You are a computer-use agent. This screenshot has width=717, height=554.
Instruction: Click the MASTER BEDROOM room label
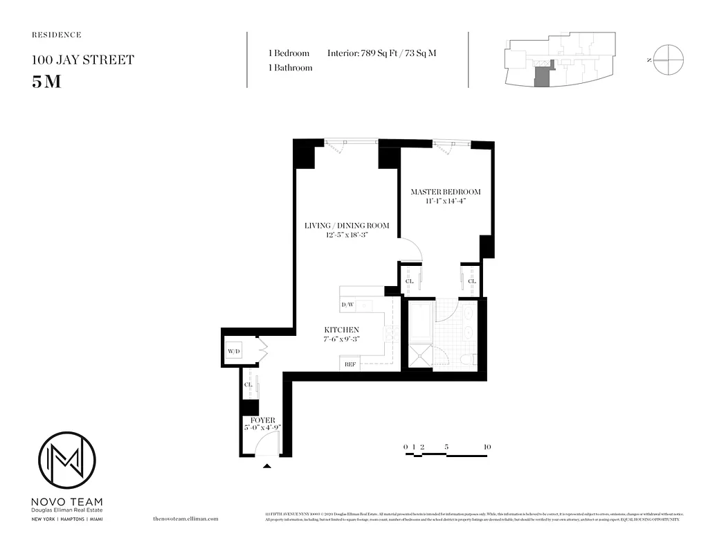(x=445, y=192)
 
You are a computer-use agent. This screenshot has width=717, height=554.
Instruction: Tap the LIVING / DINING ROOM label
(x=347, y=225)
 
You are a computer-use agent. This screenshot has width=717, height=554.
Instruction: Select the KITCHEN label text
(x=342, y=330)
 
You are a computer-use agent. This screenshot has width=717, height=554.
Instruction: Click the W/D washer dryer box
(x=233, y=352)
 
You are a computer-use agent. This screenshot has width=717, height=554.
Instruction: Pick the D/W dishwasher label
(x=347, y=305)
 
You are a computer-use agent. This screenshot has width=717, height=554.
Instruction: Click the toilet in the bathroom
(x=468, y=359)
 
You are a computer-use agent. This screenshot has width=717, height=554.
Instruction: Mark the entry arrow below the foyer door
(x=267, y=466)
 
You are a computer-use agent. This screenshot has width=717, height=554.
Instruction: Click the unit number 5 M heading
(x=46, y=80)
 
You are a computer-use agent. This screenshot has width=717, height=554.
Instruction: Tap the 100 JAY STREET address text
(x=82, y=60)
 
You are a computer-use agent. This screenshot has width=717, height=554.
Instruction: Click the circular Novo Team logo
(x=66, y=460)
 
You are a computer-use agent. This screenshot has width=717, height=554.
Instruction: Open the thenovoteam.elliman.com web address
(x=185, y=518)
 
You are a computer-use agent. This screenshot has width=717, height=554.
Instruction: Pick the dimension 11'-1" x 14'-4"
(x=445, y=202)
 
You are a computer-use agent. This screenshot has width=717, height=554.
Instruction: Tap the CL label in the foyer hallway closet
(x=247, y=384)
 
